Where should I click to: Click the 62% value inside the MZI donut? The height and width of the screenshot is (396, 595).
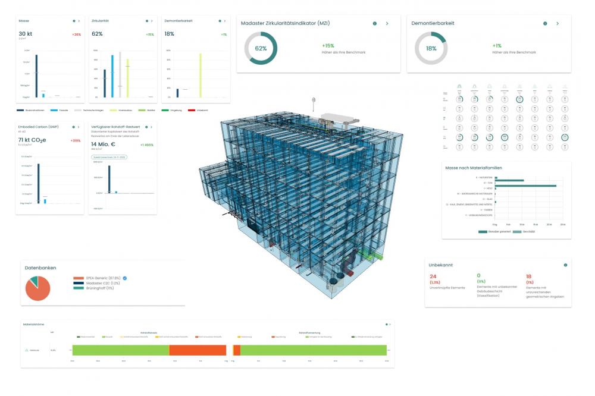261,48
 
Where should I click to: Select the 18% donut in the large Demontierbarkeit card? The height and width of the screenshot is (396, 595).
431,48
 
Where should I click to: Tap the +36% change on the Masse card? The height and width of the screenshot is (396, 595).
76,34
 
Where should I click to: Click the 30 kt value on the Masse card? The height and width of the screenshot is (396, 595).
26,34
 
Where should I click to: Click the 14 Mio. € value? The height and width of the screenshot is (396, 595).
105,144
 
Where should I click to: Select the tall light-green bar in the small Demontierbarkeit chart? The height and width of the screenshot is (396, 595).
201,75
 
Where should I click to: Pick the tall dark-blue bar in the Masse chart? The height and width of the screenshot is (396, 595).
36,76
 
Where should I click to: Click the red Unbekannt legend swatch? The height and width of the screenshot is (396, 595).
191,110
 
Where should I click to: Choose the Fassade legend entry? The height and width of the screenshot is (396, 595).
57,110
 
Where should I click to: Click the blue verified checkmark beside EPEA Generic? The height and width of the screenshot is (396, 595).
125,278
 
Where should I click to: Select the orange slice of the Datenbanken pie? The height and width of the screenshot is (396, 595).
38,290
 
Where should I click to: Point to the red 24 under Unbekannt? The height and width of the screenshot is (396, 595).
433,276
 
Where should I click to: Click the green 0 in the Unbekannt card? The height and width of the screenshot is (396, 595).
478,276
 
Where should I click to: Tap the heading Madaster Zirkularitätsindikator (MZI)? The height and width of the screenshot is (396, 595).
285,23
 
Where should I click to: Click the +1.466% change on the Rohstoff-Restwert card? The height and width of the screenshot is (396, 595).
146,144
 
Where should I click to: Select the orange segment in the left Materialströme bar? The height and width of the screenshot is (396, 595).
198,350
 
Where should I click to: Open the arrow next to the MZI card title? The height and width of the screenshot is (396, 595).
387,23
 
